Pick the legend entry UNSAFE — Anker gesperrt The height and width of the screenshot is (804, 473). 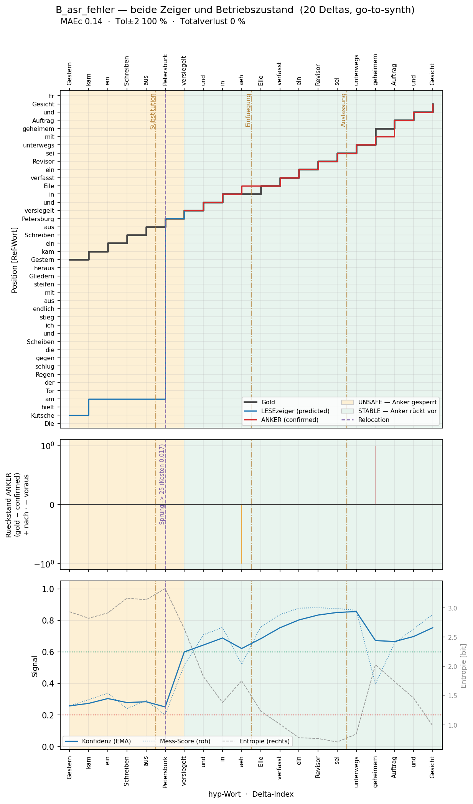389,402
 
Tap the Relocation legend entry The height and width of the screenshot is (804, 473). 365,420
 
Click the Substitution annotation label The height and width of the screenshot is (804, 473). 153,111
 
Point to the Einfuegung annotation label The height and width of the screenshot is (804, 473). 248,110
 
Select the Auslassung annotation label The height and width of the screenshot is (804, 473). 344,110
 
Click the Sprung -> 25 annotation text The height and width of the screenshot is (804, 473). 162,484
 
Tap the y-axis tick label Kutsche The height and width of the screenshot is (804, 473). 43,415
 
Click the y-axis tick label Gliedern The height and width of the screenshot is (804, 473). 42,276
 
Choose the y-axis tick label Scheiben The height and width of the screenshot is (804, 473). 41,342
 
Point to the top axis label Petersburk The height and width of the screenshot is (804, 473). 165,69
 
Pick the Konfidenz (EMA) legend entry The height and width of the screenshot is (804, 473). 98,741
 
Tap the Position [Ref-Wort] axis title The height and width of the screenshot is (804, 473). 15,260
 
